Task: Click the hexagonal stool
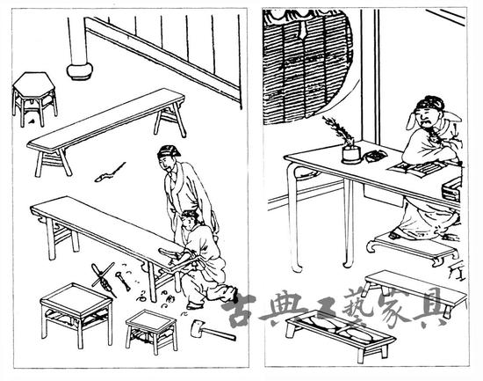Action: click(34, 98)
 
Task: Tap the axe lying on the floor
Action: click(213, 330)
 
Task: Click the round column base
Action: click(79, 71)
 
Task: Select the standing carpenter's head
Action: click(169, 158)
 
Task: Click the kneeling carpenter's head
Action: click(189, 219)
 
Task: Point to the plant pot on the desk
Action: click(351, 155)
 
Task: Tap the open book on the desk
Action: click(413, 169)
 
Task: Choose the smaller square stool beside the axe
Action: click(152, 331)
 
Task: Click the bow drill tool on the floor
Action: click(104, 280)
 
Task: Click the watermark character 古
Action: click(239, 311)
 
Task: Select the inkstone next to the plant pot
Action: click(375, 155)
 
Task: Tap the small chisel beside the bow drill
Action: click(123, 281)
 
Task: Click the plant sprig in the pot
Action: click(338, 131)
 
